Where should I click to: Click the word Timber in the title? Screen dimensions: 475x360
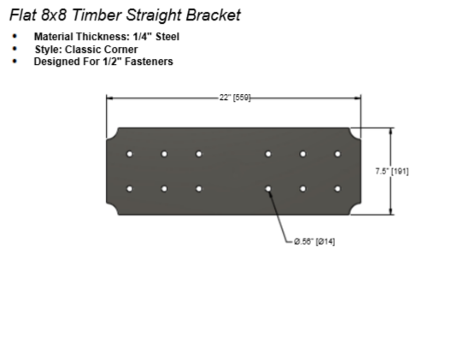(x=97, y=15)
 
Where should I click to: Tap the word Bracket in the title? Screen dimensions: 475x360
(x=214, y=15)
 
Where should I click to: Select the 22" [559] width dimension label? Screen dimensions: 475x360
(x=235, y=97)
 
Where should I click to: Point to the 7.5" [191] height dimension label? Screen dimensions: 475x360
(x=392, y=171)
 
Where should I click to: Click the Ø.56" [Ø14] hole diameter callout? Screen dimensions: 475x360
(x=314, y=242)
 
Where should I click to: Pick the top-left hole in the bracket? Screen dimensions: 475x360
(x=129, y=154)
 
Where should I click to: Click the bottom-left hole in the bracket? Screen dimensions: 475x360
(x=129, y=189)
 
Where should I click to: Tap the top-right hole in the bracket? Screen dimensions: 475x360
(x=337, y=154)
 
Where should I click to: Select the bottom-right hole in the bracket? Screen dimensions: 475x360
(x=337, y=189)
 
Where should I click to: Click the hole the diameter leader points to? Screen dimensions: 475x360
(x=268, y=189)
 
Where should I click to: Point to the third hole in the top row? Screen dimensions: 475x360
(x=199, y=154)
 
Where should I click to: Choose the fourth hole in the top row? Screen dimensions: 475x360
(x=268, y=154)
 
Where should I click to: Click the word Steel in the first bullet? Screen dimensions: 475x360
(x=167, y=37)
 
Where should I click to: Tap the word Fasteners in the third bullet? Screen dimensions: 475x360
(x=149, y=62)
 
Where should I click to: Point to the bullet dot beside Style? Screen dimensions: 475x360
(x=15, y=49)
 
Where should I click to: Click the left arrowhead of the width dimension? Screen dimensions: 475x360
(x=109, y=98)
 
